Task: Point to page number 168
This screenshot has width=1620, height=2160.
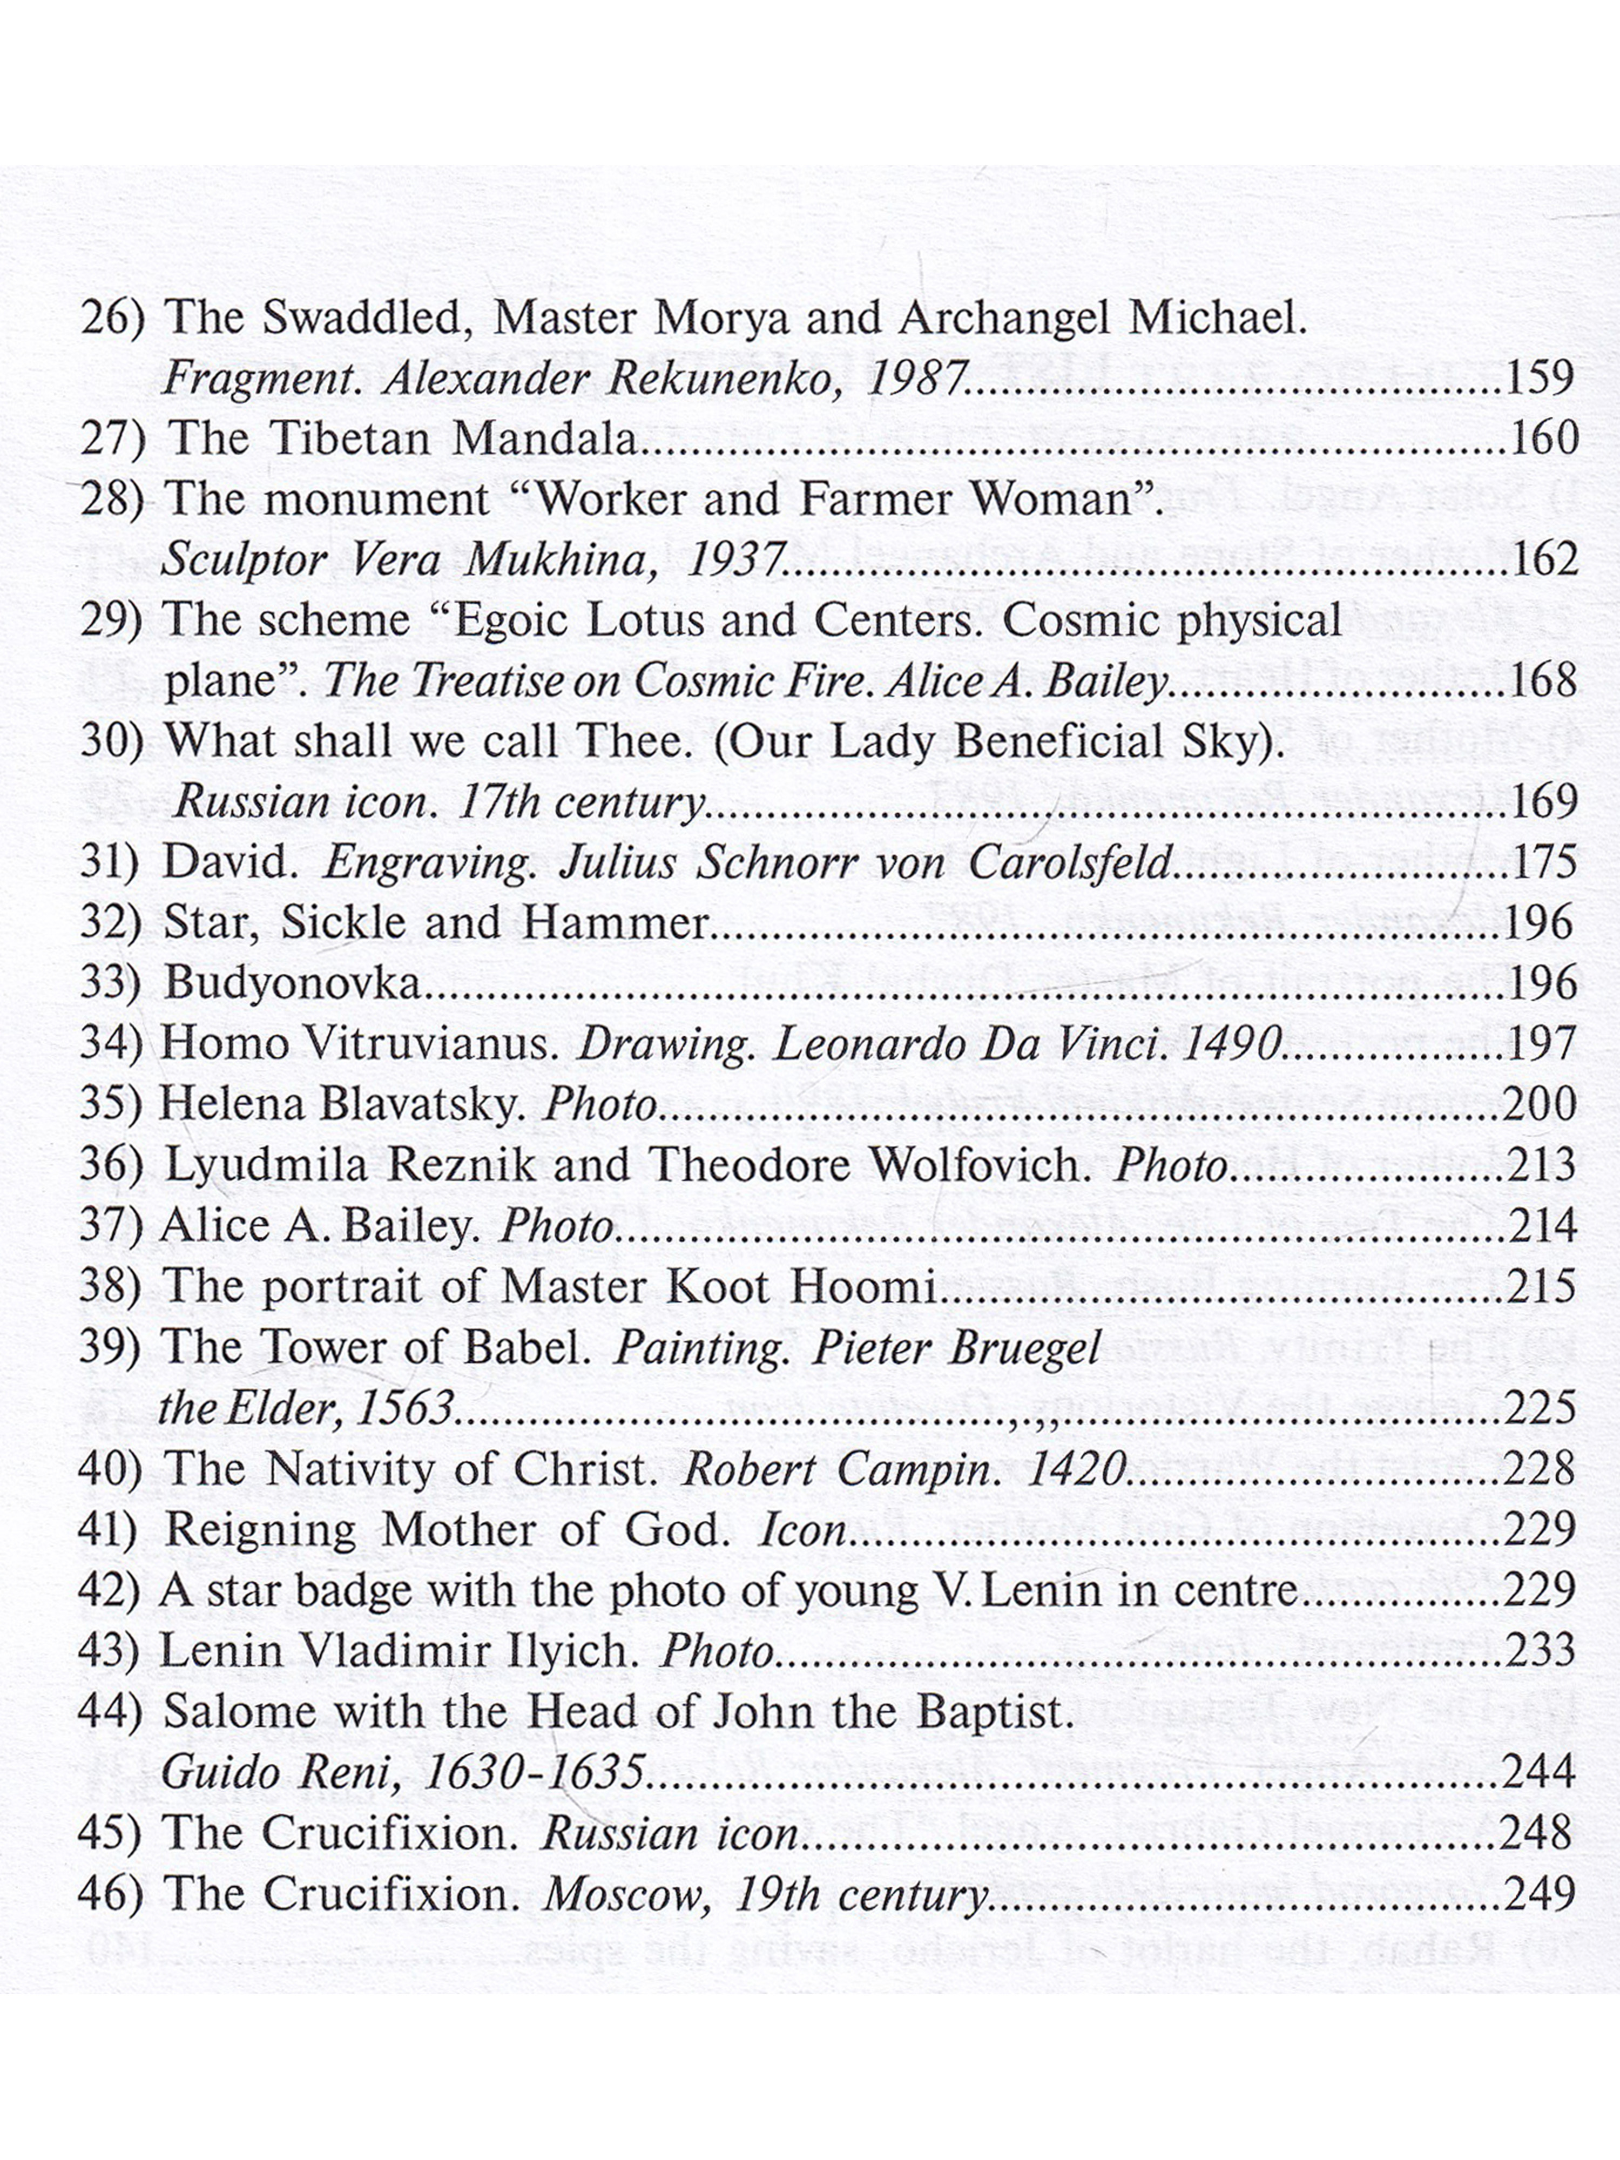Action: [x=1542, y=680]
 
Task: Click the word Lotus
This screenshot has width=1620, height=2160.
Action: [x=644, y=620]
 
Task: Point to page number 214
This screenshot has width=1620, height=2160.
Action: [x=1542, y=1225]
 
